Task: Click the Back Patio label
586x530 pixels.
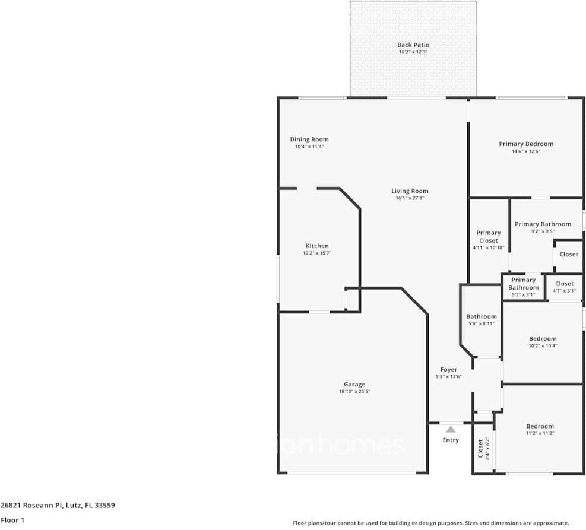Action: coord(413,45)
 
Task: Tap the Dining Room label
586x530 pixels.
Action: coord(309,139)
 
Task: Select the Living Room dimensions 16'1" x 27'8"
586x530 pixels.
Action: coord(410,198)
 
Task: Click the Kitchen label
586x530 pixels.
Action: coord(317,246)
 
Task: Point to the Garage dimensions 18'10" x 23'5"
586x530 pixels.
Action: coord(354,392)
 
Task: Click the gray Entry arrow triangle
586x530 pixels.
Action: coord(451,429)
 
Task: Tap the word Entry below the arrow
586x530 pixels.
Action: coord(451,440)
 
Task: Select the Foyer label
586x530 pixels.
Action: coord(449,369)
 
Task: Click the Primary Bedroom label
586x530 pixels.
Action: coord(526,144)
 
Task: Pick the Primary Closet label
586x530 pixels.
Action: coord(489,236)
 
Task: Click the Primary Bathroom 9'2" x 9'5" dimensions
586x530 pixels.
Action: coord(543,231)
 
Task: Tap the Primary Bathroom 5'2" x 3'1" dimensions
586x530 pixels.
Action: coord(523,295)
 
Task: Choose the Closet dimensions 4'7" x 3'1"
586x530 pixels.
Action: coord(564,291)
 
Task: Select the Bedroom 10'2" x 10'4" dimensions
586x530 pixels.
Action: coord(543,346)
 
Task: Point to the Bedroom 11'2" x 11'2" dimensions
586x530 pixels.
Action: coord(540,433)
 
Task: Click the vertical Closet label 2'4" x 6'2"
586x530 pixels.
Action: coord(483,448)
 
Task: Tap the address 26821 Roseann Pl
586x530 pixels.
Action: coord(31,505)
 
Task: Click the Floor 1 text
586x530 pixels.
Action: coord(12,520)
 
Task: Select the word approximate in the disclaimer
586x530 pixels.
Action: coord(551,523)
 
